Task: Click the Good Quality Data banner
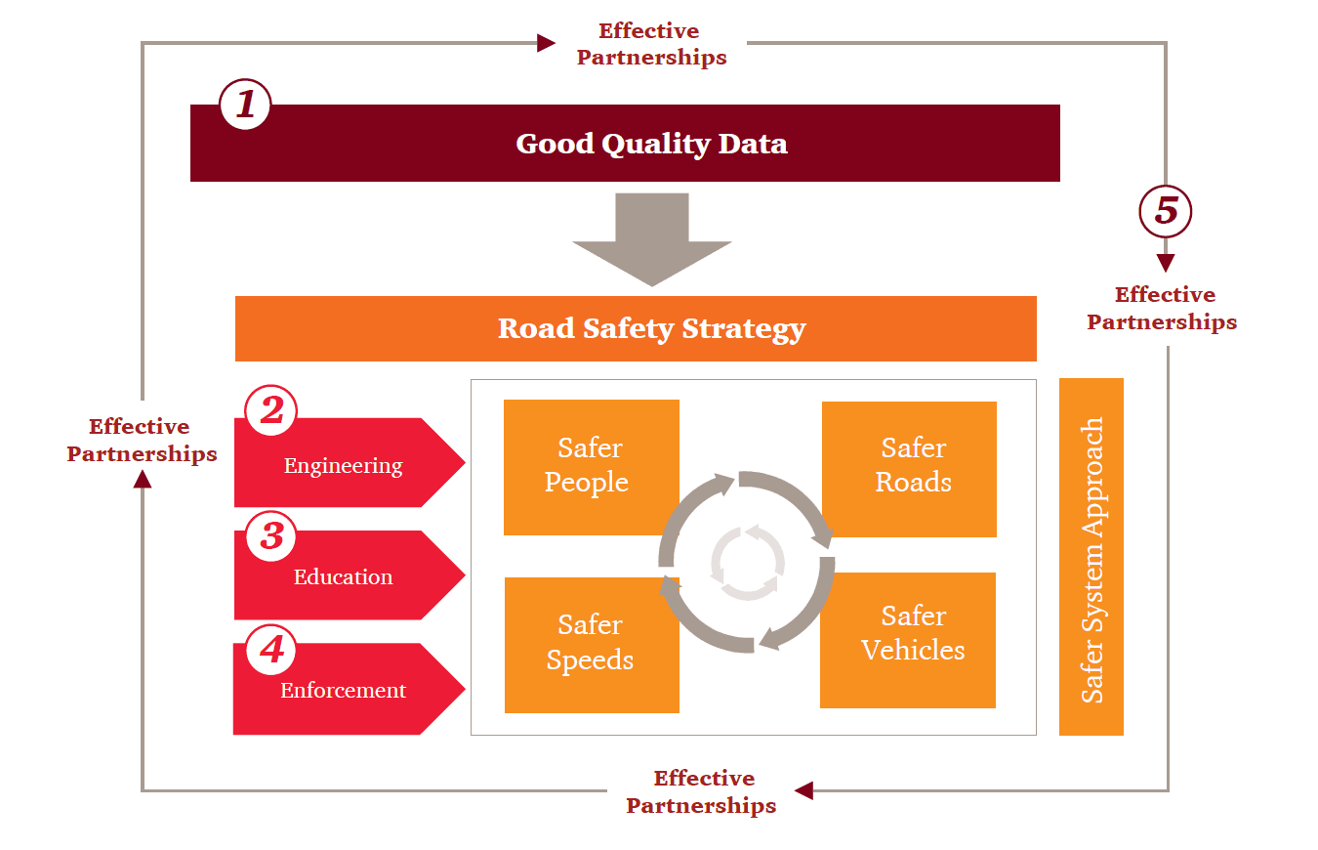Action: click(625, 144)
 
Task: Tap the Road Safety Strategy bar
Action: click(636, 328)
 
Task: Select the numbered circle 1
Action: click(245, 104)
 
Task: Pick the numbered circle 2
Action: click(270, 411)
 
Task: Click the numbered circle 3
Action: click(270, 536)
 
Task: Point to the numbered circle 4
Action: click(270, 650)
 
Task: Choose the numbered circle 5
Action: click(1166, 212)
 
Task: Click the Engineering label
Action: click(343, 466)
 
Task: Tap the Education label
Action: click(343, 577)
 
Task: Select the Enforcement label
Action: click(343, 691)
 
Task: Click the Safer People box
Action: click(591, 466)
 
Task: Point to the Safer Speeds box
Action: click(591, 644)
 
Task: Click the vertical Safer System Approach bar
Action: click(1091, 557)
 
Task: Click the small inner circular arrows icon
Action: click(747, 563)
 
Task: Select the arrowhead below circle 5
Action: click(1166, 263)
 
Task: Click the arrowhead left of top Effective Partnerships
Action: click(546, 43)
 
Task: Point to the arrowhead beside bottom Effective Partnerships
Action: click(803, 790)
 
